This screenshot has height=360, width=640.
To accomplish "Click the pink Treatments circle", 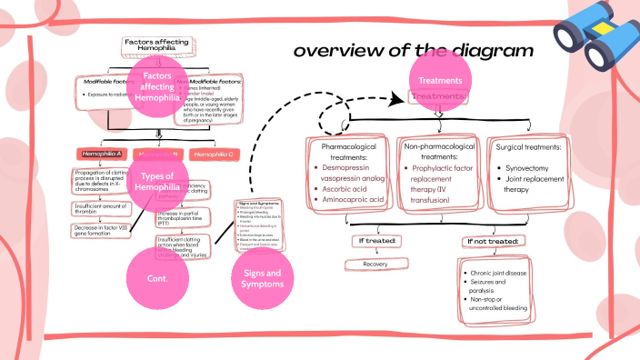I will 440,81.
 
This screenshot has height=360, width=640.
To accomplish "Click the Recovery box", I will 375,264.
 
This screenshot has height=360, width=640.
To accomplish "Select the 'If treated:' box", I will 375,240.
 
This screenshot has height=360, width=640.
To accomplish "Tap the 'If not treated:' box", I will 490,240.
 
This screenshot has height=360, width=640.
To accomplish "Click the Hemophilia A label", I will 100,154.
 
